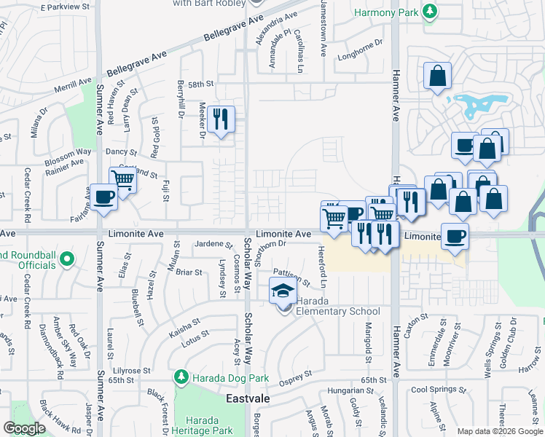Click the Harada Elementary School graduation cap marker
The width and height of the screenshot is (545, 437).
[283, 292]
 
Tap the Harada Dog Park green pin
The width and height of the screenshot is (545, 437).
[181, 377]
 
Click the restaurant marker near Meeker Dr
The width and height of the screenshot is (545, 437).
[219, 119]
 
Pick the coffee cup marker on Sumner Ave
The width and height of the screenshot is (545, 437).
[104, 197]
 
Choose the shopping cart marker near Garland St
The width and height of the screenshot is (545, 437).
[123, 179]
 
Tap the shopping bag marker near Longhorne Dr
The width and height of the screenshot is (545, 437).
[436, 76]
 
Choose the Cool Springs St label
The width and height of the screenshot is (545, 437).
[438, 390]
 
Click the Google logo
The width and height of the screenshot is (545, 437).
[25, 428]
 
